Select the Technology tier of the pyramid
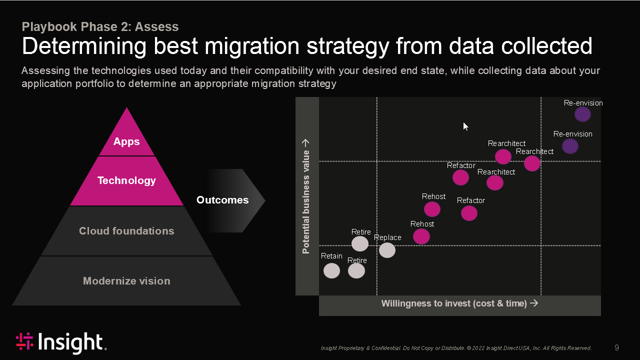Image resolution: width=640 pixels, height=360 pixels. [x=126, y=181]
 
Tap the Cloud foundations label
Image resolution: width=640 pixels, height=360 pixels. [x=126, y=231]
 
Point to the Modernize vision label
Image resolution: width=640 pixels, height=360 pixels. [x=126, y=281]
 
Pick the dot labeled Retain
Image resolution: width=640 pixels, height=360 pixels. [x=331, y=270]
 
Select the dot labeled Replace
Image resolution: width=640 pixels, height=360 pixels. [x=387, y=250]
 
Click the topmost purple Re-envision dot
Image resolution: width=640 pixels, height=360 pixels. [x=582, y=114]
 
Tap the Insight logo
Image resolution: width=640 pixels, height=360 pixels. [x=61, y=342]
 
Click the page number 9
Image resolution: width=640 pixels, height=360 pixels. [x=616, y=347]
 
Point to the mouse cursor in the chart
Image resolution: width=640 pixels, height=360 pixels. [x=465, y=126]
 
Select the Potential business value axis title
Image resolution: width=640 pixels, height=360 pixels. [x=305, y=196]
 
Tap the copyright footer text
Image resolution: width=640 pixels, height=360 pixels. [x=456, y=348]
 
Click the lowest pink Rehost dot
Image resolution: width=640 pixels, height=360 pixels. [x=421, y=236]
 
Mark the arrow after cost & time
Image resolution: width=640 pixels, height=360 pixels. [x=534, y=303]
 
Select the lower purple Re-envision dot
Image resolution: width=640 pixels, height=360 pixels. [x=570, y=146]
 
